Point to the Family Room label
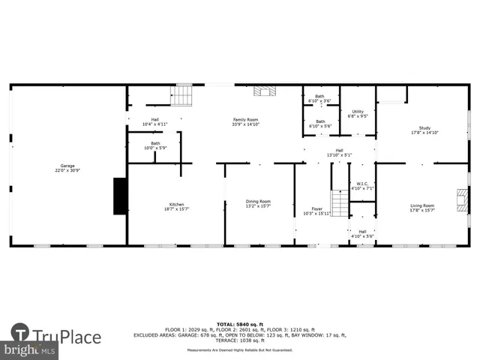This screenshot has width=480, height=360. click(x=245, y=122)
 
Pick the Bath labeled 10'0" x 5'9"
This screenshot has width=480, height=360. click(x=155, y=145)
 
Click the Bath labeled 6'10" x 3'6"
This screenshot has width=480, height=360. click(x=320, y=98)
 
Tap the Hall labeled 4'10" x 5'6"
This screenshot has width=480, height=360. click(x=362, y=234)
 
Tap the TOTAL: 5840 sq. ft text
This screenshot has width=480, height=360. click(x=240, y=324)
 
